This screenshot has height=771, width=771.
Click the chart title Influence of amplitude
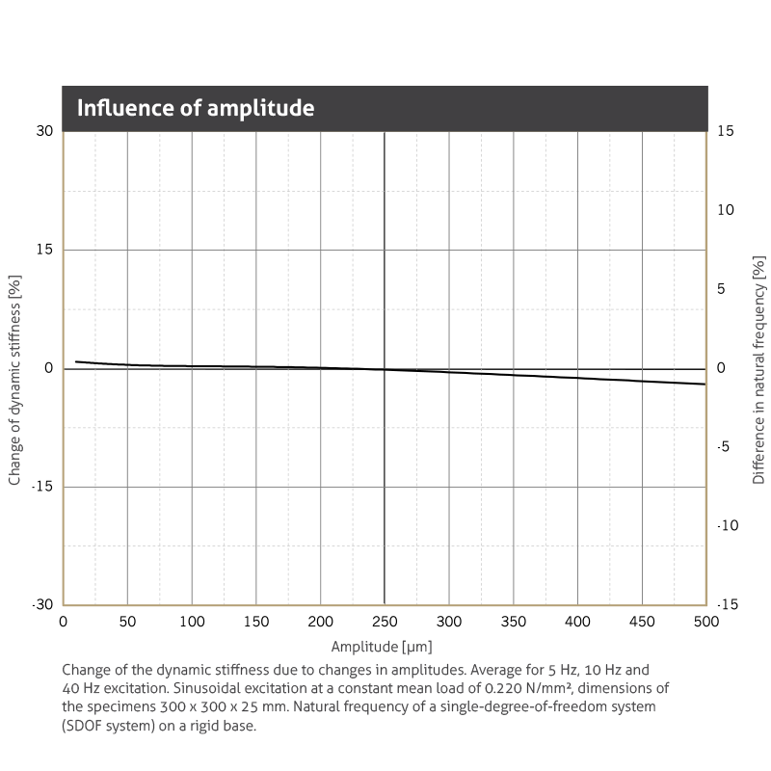click(x=196, y=108)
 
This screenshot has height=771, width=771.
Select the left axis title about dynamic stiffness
click(x=14, y=368)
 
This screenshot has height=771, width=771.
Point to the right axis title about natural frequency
click(x=758, y=369)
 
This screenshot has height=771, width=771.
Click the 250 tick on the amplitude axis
click(x=385, y=622)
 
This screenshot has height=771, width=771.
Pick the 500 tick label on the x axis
click(x=705, y=622)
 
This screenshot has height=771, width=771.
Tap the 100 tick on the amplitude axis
click(x=192, y=622)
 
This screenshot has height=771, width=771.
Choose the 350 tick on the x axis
click(x=513, y=622)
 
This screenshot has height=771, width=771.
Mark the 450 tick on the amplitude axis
click(x=642, y=622)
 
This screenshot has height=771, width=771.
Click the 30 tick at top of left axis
click(x=44, y=131)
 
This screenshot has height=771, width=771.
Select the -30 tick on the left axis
click(x=42, y=604)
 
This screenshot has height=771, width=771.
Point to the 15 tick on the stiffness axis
click(x=44, y=250)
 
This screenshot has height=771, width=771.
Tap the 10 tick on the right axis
click(x=727, y=210)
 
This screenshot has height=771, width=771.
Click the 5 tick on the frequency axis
click(x=723, y=289)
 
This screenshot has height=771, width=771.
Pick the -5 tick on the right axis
click(x=725, y=447)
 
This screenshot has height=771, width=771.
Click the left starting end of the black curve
click(x=76, y=361)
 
